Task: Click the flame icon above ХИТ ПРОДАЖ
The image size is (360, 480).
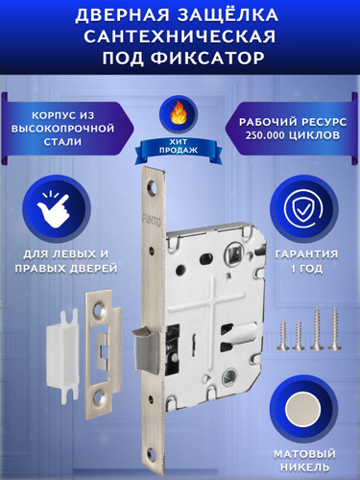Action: click(180, 114)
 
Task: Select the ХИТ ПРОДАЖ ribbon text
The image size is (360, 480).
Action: click(179, 146)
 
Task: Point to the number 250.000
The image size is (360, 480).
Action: click(265, 135)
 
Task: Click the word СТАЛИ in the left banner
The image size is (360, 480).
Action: click(62, 141)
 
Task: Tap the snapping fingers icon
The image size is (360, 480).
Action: click(55, 207)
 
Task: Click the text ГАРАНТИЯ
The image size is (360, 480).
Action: click(306, 254)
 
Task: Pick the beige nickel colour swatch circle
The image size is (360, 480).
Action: click(303, 411)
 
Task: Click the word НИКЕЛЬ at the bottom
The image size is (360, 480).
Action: click(304, 467)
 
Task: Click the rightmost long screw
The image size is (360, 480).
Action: click(335, 328)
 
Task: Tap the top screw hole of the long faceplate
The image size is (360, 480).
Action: click(153, 186)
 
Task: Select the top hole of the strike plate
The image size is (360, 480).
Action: click(100, 310)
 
